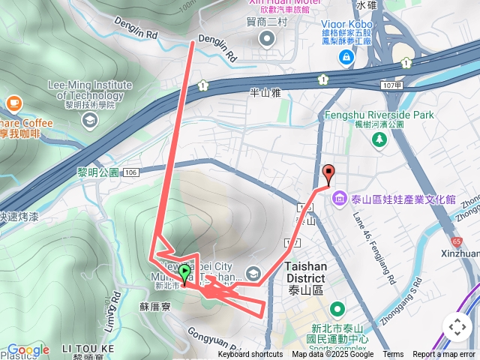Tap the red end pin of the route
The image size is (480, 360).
[x=328, y=174]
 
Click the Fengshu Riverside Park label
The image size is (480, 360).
[x=379, y=115]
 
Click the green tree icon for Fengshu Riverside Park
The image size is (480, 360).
[x=380, y=139]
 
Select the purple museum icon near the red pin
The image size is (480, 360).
[x=340, y=199]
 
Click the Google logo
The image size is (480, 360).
[x=28, y=349]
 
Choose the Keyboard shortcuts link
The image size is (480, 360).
[x=250, y=355]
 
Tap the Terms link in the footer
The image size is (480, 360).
[x=393, y=355]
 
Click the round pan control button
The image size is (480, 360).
[x=457, y=327]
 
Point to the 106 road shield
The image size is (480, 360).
[x=131, y=172]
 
